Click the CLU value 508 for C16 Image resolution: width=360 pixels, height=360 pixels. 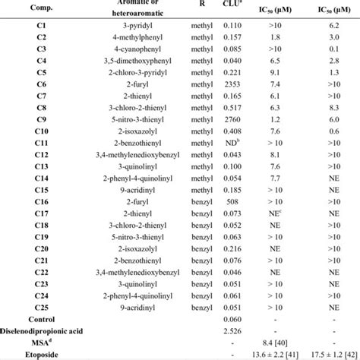click(229, 195)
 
